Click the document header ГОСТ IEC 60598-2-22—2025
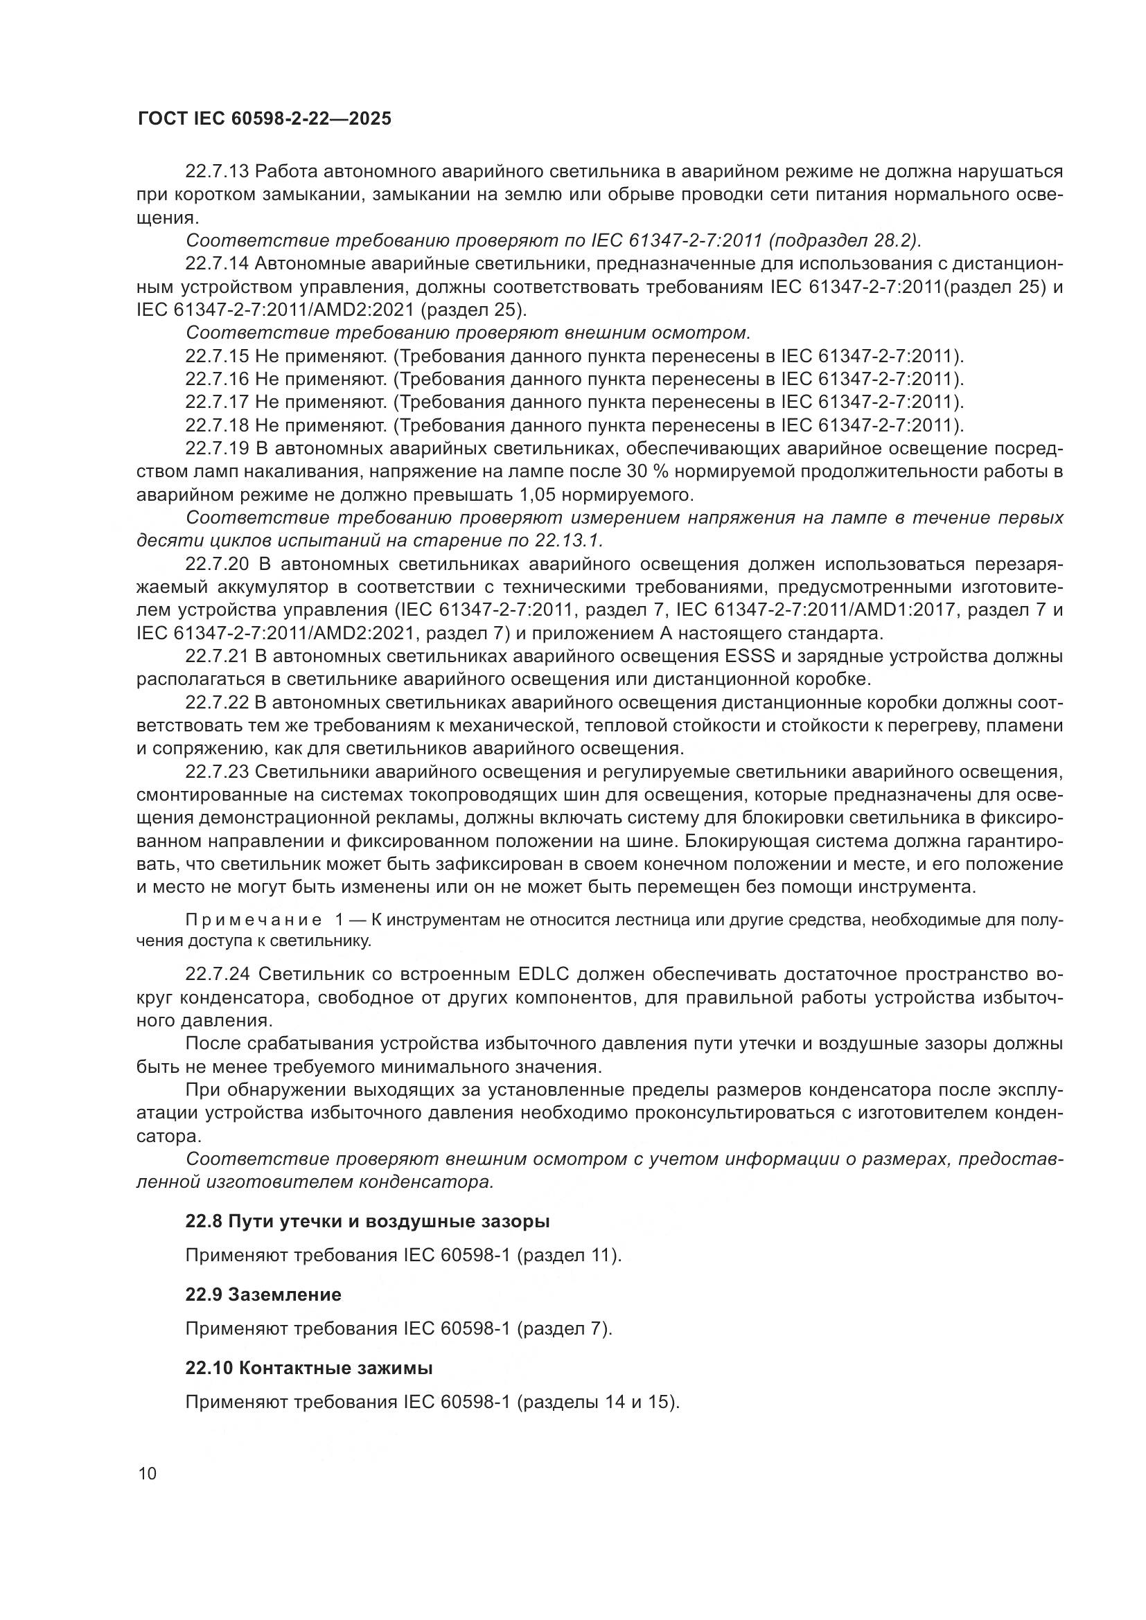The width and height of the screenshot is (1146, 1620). coord(264,119)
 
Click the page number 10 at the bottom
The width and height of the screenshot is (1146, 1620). coord(148,1473)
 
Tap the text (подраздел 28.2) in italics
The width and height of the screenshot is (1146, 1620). coord(844,240)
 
